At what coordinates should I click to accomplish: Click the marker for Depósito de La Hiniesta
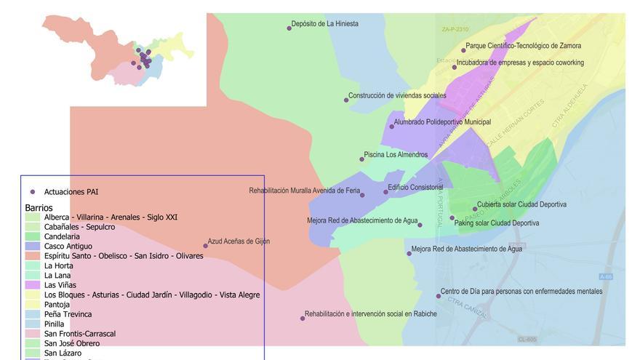point(289,28)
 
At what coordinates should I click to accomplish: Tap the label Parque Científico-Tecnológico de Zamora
point(523,46)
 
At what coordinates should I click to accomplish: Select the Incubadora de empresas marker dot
point(455,67)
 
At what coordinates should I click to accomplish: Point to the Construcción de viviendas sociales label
point(397,95)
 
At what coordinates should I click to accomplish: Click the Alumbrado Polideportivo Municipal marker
point(391,127)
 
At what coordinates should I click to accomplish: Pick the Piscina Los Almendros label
point(396,154)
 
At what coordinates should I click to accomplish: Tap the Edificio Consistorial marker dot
point(386,192)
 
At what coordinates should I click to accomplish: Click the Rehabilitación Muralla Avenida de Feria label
point(304,191)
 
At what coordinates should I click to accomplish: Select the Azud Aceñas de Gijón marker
point(205,246)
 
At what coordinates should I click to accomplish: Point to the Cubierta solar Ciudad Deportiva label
point(521,204)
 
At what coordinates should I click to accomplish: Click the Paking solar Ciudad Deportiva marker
point(452,217)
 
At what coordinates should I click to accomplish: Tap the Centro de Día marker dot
point(439,296)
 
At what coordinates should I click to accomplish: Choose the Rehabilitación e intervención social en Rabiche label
point(370,314)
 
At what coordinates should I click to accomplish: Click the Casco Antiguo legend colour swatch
point(33,247)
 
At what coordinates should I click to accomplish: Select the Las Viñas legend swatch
point(33,285)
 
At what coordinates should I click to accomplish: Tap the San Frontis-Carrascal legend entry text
point(79,334)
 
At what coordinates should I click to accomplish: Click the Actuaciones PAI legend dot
point(33,192)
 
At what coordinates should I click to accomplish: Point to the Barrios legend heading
point(39,208)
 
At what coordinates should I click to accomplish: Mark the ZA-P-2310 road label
point(455,29)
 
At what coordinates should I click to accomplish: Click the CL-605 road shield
point(527,340)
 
